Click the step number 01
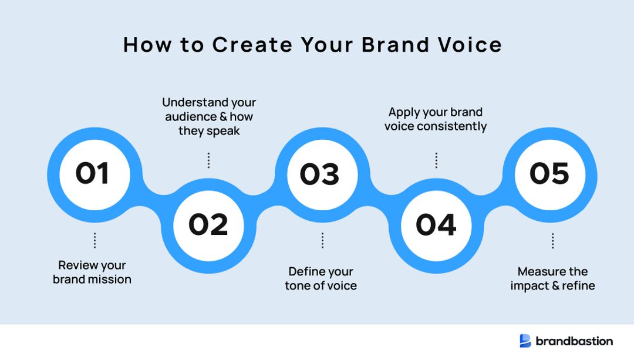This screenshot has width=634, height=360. point(92,174)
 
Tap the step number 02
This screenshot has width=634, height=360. point(208,225)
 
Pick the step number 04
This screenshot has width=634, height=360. point(436,225)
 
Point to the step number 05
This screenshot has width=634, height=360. point(549,174)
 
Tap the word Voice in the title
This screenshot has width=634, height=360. point(473,45)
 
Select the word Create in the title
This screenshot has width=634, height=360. point(252,45)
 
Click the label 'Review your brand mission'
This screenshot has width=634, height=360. point(92,272)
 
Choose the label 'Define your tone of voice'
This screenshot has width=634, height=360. point(321,278)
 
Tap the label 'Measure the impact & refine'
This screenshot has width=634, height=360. point(552,278)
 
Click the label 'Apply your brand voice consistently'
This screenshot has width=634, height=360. point(436,119)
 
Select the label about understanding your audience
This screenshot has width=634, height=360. point(209,117)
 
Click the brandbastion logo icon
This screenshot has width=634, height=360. point(525,341)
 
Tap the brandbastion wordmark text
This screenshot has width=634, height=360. point(574,341)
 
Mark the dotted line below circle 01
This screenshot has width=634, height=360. point(95,240)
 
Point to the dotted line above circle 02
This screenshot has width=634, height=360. point(208,160)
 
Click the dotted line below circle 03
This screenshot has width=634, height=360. point(322,240)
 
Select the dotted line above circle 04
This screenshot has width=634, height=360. point(436,160)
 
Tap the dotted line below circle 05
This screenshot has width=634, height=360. point(552,240)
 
